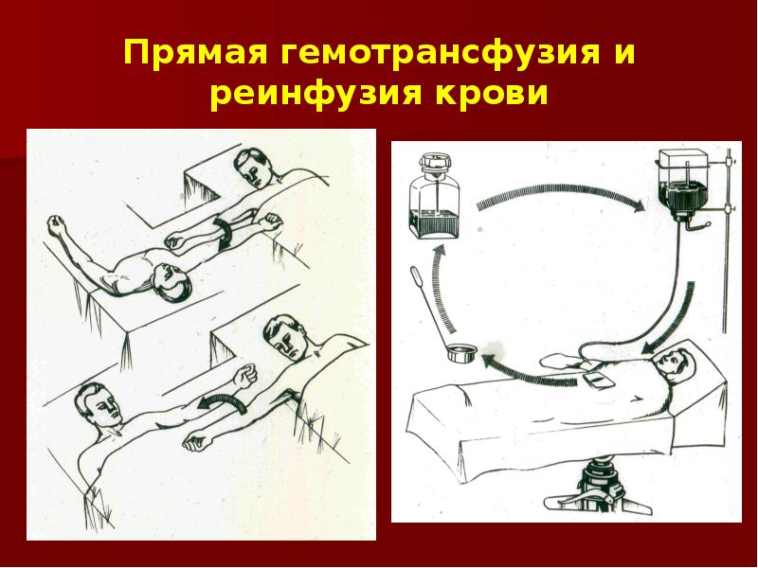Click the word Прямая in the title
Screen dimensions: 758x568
pyautogui.click(x=196, y=52)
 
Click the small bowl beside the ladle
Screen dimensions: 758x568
pyautogui.click(x=461, y=352)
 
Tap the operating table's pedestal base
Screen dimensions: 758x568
pyautogui.click(x=599, y=488)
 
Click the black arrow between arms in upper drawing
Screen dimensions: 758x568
pyautogui.click(x=224, y=233)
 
